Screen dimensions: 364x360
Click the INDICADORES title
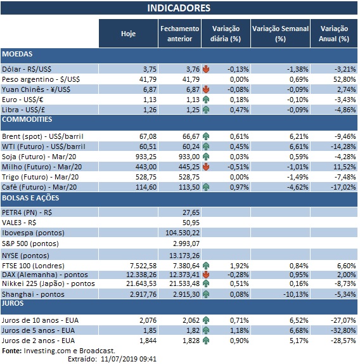tap(179, 8)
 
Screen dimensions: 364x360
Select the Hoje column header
tap(128, 33)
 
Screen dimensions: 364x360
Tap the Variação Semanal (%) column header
tap(280, 33)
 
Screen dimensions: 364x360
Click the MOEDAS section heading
tap(18, 55)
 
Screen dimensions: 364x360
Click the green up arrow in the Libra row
tap(206, 109)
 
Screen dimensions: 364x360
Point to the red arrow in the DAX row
tap(206, 273)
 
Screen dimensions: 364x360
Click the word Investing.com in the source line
tap(45, 350)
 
